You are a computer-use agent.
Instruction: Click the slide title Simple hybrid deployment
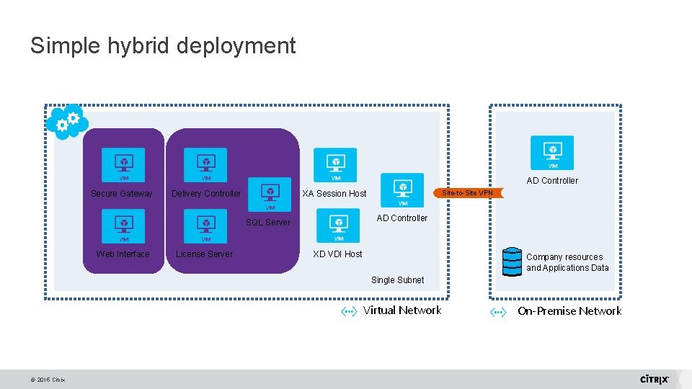pyautogui.click(x=163, y=46)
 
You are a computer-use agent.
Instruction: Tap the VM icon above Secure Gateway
pyautogui.click(x=123, y=164)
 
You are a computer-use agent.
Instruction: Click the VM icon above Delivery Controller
pyautogui.click(x=205, y=164)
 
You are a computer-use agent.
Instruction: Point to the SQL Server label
pyautogui.click(x=268, y=223)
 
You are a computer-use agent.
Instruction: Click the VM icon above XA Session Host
pyautogui.click(x=335, y=164)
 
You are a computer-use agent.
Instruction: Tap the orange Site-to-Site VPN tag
pyautogui.click(x=467, y=193)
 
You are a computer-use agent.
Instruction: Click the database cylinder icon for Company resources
pyautogui.click(x=512, y=262)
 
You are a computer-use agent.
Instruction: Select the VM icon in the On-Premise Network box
pyautogui.click(x=552, y=153)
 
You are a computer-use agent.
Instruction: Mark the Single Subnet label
pyautogui.click(x=397, y=280)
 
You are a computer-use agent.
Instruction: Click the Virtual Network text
pyautogui.click(x=402, y=310)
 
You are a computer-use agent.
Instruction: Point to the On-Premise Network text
pyautogui.click(x=569, y=311)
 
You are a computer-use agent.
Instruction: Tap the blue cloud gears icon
pyautogui.click(x=66, y=122)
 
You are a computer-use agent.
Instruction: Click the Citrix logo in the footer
pyautogui.click(x=655, y=379)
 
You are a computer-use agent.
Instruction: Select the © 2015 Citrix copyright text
pyautogui.click(x=48, y=380)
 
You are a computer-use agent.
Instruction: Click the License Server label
pyautogui.click(x=204, y=254)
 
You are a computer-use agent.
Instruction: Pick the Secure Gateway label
pyautogui.click(x=122, y=194)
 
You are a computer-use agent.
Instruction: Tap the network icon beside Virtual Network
pyautogui.click(x=349, y=311)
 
